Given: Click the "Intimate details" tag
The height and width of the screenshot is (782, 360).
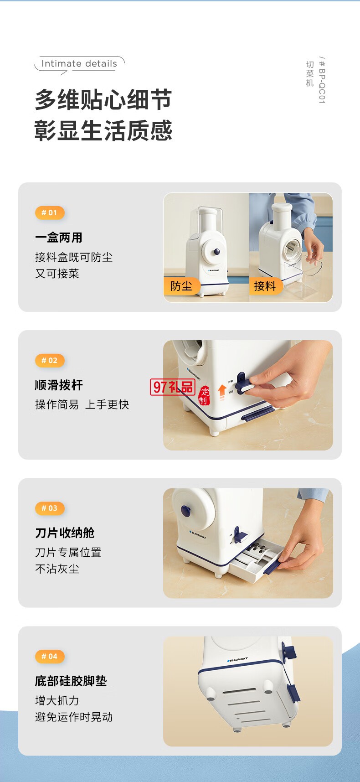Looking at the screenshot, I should click(79, 64).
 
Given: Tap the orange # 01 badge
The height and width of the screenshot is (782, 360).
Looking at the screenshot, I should click(50, 212).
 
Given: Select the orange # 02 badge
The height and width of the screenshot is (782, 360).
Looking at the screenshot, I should click(50, 360).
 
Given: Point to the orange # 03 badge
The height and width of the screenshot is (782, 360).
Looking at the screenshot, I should click(50, 508).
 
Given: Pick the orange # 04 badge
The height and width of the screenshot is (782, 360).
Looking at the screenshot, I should click(50, 656).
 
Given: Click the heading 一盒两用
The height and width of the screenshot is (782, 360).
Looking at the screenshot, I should click(59, 238).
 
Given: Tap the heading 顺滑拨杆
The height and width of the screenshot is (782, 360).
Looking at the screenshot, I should click(59, 385).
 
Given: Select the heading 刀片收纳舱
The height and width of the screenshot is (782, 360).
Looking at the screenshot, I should click(65, 533).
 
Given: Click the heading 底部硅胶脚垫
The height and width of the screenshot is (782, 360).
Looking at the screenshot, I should click(71, 681).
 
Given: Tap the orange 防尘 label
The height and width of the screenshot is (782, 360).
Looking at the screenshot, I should click(181, 286).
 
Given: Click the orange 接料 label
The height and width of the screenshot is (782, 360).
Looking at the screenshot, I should click(265, 286).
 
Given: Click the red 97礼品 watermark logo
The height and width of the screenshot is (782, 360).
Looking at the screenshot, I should click(173, 387).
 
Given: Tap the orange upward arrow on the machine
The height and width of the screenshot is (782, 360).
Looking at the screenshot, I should click(222, 391).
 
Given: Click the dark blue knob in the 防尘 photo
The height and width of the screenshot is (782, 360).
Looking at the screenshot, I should click(217, 251).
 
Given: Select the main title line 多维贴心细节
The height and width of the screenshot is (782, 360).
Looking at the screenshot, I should click(103, 100).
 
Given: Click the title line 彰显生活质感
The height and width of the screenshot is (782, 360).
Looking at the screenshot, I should click(103, 131).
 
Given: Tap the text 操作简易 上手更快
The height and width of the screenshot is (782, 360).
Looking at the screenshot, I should click(82, 404).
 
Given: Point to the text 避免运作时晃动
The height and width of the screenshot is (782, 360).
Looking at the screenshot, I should click(74, 717).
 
